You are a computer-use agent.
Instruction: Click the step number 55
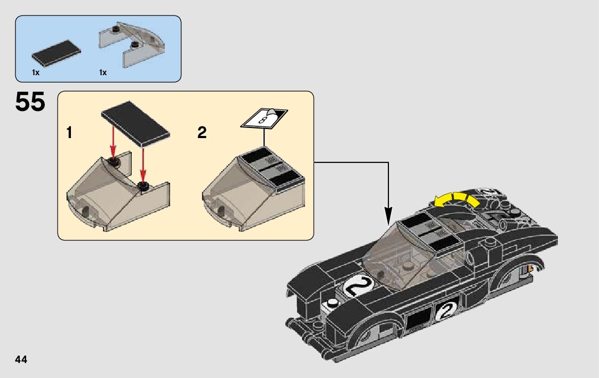[x=30, y=102]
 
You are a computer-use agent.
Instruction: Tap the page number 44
[x=21, y=359]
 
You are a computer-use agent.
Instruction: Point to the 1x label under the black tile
[x=36, y=72]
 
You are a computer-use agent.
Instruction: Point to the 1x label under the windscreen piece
[x=103, y=72]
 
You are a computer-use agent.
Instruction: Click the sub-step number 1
[x=69, y=133]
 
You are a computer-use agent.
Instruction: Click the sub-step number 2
[x=202, y=133]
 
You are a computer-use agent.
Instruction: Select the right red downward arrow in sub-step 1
[x=143, y=167]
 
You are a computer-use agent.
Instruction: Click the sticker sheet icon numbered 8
[x=264, y=118]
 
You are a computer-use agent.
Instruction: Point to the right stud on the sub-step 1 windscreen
[x=143, y=186]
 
